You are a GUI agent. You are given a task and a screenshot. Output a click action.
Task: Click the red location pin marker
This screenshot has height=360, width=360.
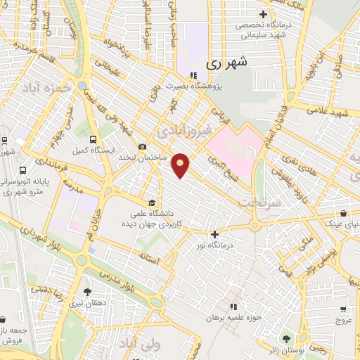pyautogui.click(x=181, y=165)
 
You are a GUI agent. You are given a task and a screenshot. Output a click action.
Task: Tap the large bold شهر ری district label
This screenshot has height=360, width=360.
pyautogui.click(x=228, y=63)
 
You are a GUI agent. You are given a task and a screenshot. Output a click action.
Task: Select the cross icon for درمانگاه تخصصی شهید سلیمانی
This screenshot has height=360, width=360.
pyautogui.click(x=264, y=13)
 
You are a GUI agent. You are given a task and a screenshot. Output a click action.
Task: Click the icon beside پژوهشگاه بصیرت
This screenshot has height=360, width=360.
pyautogui.click(x=192, y=76)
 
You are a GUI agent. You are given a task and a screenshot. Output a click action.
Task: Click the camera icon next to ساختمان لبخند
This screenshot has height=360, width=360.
pyautogui.click(x=143, y=146)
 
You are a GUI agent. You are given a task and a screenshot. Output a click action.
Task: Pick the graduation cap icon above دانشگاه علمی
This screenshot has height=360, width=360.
pyautogui.click(x=153, y=202)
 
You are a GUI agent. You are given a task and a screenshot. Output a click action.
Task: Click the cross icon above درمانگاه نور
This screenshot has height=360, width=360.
pyautogui.click(x=215, y=235)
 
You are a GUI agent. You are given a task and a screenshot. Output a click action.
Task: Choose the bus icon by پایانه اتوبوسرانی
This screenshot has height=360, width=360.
pyautogui.click(x=23, y=170)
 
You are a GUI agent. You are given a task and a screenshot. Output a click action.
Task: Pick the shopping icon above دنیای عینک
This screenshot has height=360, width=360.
pyautogui.click(x=342, y=212)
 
